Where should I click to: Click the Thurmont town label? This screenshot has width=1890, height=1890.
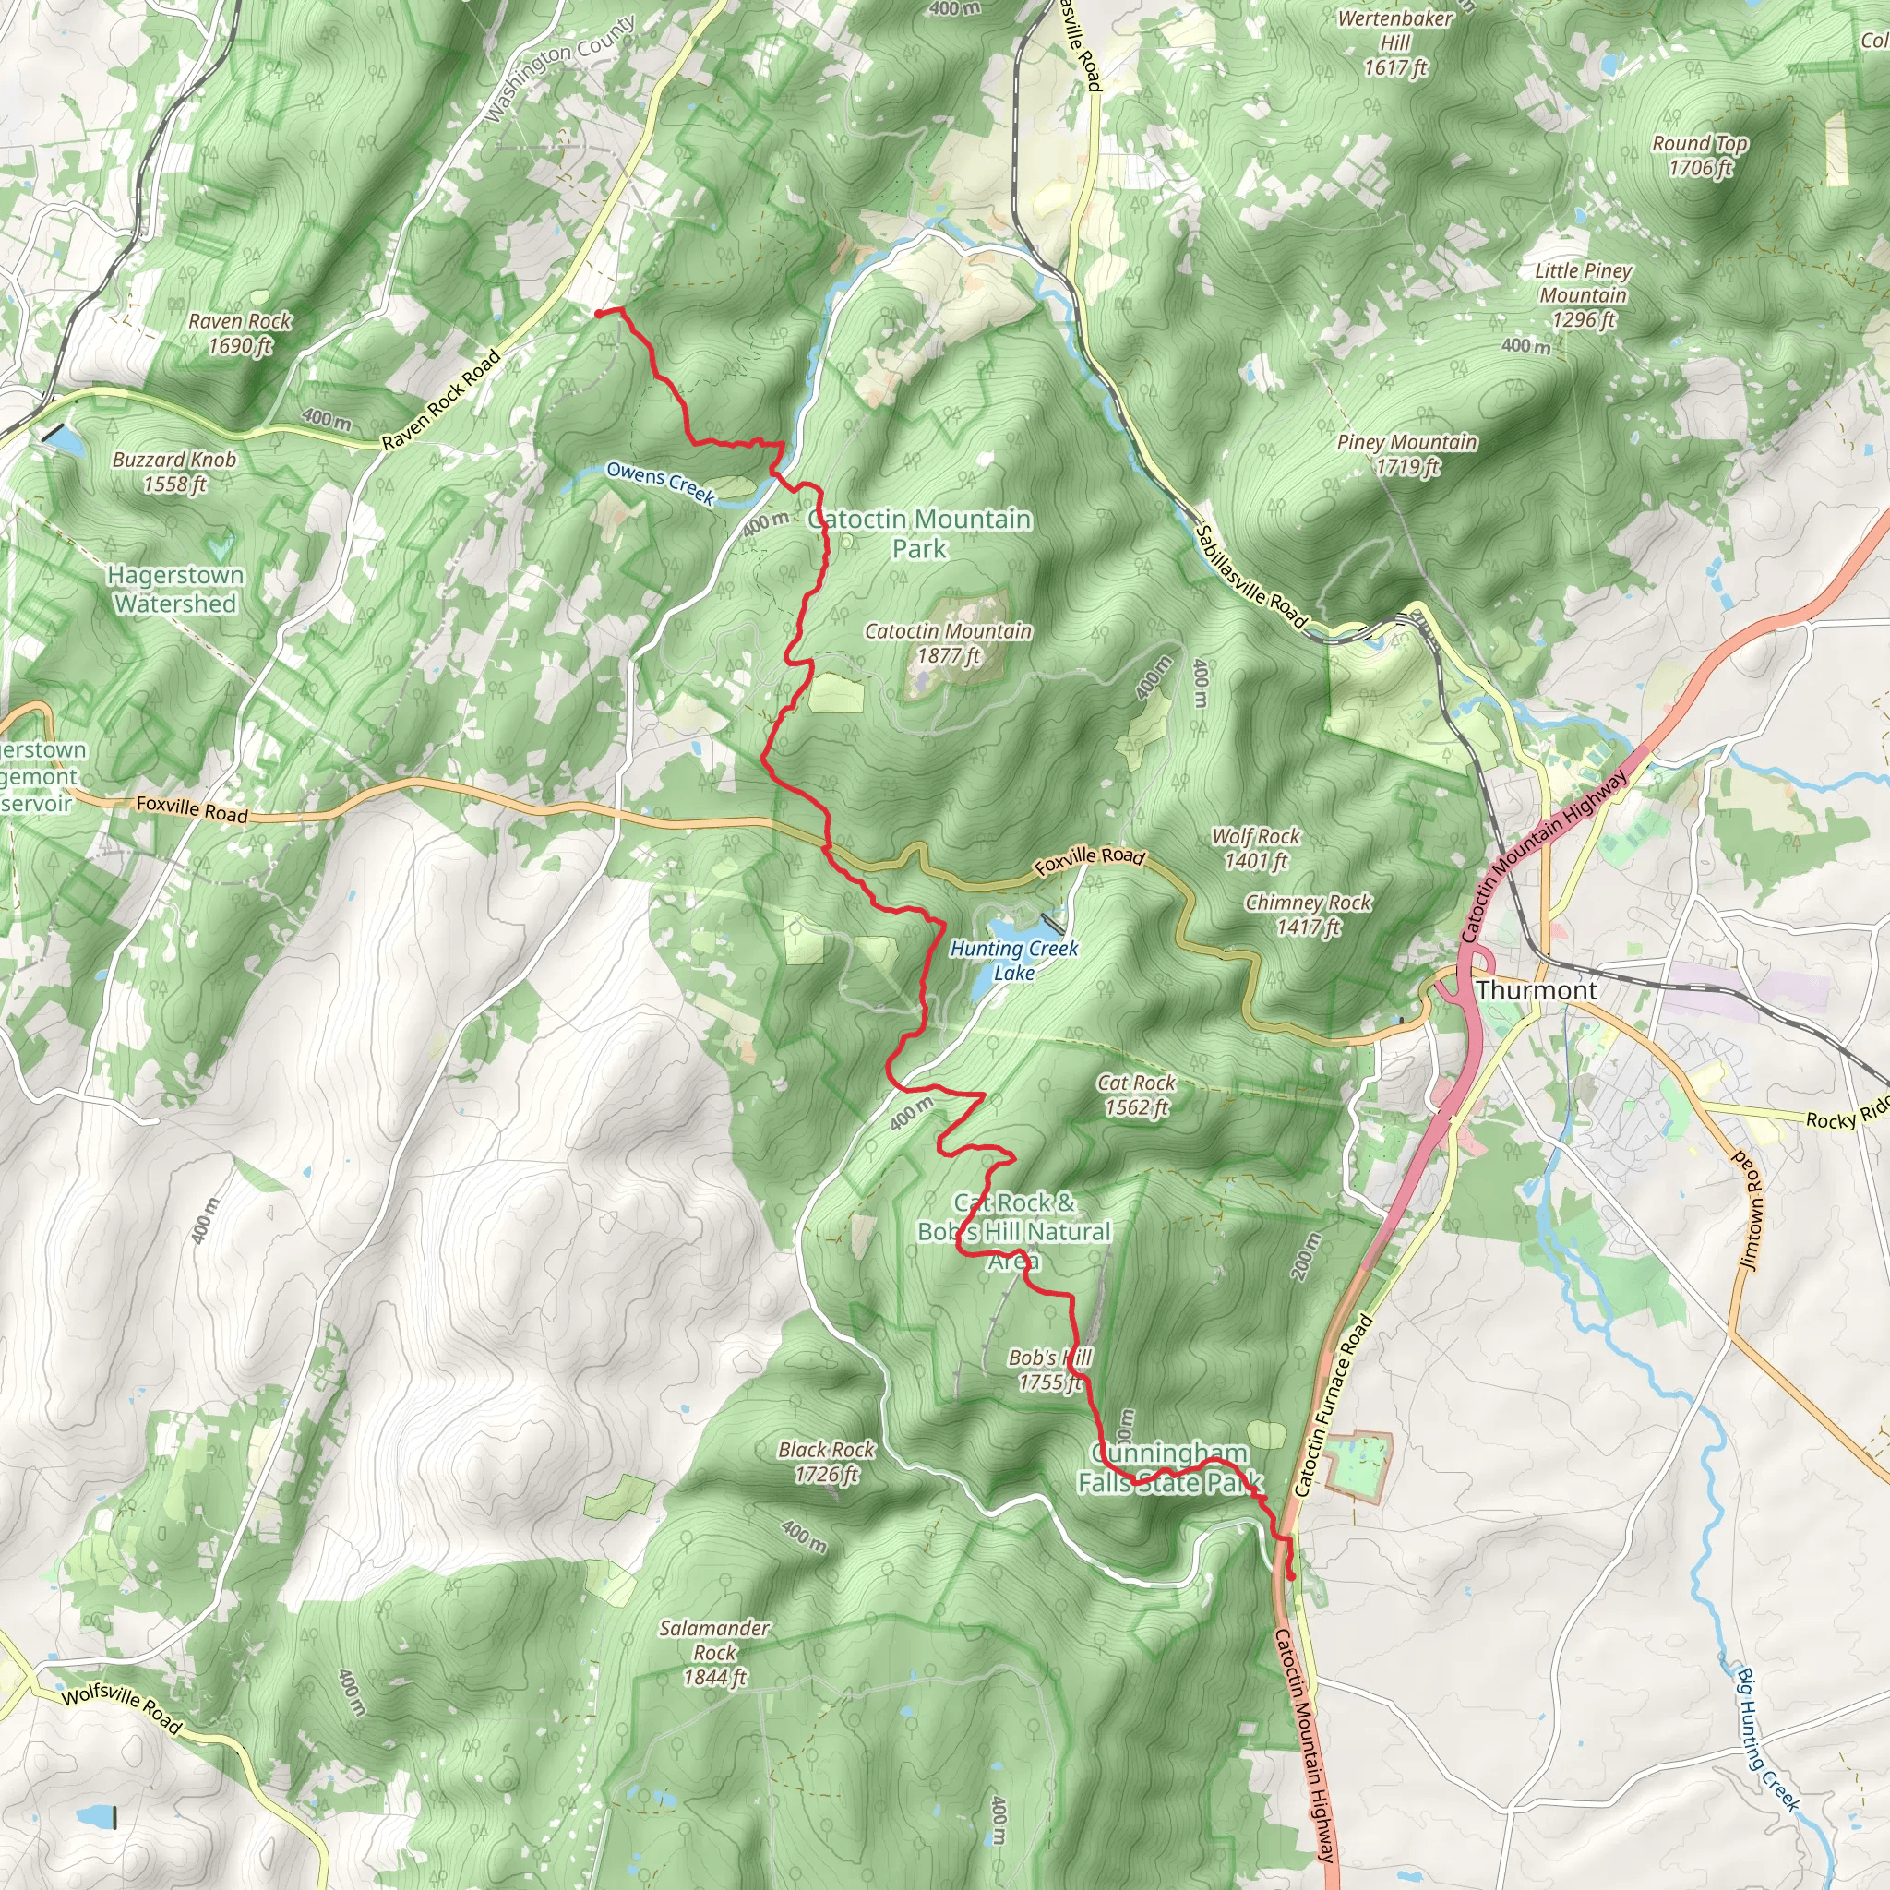pos(1536,990)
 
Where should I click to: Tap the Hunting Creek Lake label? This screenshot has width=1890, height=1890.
pos(1013,960)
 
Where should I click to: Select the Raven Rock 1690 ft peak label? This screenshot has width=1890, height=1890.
pos(240,332)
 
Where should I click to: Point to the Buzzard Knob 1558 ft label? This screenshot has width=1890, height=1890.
pos(174,471)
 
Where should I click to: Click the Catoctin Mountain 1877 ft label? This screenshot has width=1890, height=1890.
pos(947,642)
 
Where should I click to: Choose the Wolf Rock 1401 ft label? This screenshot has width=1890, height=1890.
pos(1255,848)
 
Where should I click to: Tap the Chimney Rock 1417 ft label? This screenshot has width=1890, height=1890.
pos(1307,914)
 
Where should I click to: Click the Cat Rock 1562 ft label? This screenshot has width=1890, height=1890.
pos(1136,1095)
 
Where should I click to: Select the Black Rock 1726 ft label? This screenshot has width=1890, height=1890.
pos(827,1462)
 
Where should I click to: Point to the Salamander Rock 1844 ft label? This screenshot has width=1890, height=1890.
pos(714,1651)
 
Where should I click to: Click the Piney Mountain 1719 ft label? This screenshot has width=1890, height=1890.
pos(1406,454)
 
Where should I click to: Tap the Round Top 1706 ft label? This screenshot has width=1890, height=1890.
pos(1699,154)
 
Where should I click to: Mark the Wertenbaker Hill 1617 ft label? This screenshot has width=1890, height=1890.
pos(1395,43)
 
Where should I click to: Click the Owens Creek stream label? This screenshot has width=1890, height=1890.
pos(661,483)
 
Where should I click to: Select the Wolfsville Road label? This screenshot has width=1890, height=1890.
pos(121,1709)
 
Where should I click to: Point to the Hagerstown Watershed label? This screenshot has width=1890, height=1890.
pos(174,589)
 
